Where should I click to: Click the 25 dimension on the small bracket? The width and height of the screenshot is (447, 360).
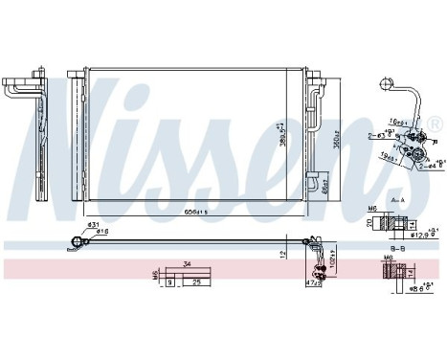click(x=196, y=282)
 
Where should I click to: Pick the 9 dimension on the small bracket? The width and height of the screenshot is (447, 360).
click(x=169, y=282)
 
